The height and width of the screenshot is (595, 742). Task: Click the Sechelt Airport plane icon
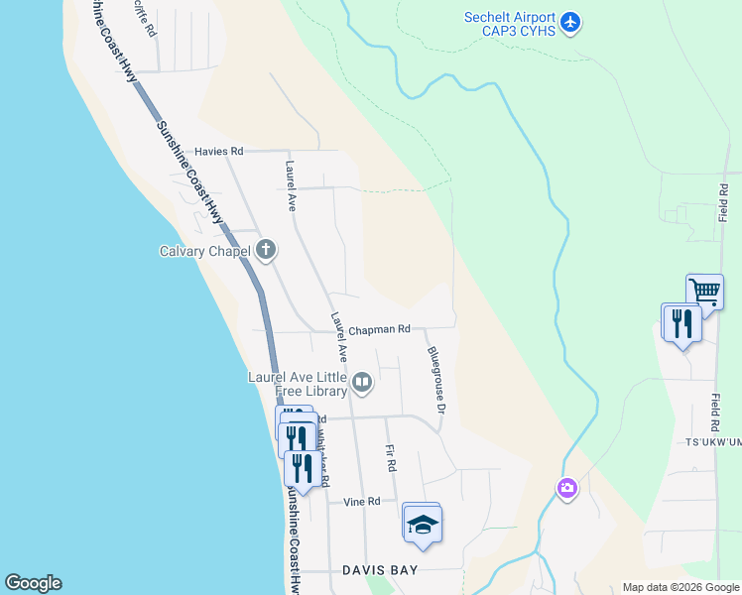(x=570, y=21)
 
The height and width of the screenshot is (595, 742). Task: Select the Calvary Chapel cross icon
(x=266, y=250)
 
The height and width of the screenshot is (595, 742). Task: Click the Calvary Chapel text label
(x=205, y=251)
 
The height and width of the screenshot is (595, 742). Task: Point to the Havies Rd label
(x=218, y=151)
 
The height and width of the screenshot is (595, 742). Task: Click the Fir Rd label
(x=391, y=457)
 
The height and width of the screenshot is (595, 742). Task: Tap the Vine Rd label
(x=362, y=502)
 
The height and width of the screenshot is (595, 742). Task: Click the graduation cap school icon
(x=422, y=524)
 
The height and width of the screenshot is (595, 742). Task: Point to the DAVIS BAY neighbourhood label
(x=380, y=570)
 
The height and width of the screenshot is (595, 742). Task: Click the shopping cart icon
(x=704, y=292)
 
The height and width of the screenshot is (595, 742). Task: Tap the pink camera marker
(x=566, y=488)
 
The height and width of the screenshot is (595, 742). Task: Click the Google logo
(x=33, y=583)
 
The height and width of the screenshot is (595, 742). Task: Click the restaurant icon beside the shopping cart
(x=681, y=322)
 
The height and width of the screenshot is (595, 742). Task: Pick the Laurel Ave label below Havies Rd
(x=292, y=185)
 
